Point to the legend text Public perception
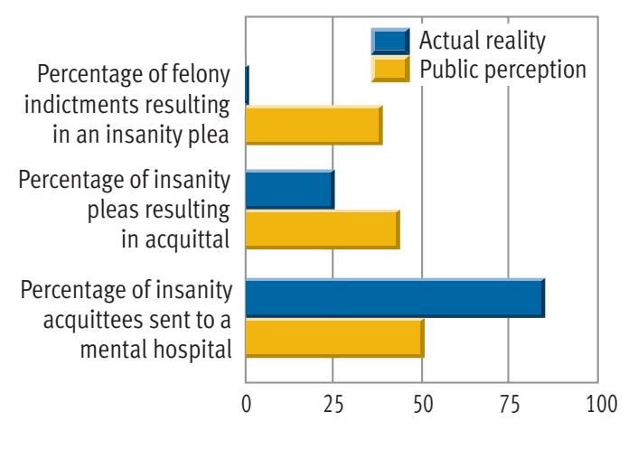pyautogui.click(x=494, y=68)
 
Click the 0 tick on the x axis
pyautogui.click(x=246, y=405)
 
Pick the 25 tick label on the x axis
pyautogui.click(x=333, y=405)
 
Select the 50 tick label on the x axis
pyautogui.click(x=421, y=405)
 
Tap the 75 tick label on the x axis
pyautogui.click(x=509, y=405)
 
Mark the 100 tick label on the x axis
pyautogui.click(x=596, y=405)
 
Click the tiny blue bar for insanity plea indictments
pyautogui.click(x=247, y=85)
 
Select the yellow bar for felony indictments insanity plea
pyautogui.click(x=313, y=126)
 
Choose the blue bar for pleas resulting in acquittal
pyautogui.click(x=289, y=190)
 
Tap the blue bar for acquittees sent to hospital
pyautogui.click(x=394, y=298)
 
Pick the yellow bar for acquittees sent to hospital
pyautogui.click(x=333, y=339)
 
